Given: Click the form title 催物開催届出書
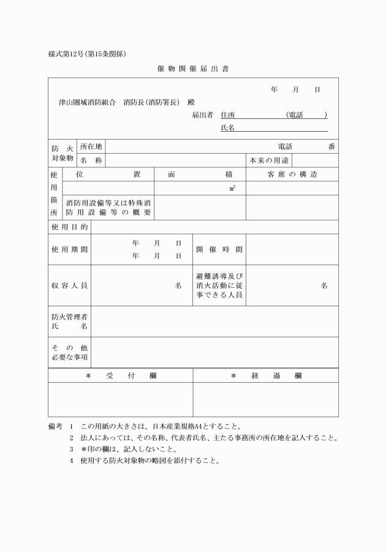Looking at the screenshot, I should tap(192, 69).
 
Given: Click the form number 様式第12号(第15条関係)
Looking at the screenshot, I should tap(87, 54).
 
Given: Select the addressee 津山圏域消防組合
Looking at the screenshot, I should tap(85, 102).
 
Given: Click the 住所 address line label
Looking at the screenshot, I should tap(227, 115).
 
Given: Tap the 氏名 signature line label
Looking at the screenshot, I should tap(227, 127).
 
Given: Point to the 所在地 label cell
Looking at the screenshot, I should tap(91, 146).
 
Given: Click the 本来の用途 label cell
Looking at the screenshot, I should tap(269, 160).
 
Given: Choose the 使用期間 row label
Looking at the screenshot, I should tap(69, 249).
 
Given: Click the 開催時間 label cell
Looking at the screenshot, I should tap(219, 250).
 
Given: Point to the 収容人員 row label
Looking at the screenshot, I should tap(69, 285).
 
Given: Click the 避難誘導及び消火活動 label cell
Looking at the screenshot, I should tap(219, 285).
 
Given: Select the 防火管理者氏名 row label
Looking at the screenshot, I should tap(69, 322).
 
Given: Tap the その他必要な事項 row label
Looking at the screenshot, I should tap(69, 352).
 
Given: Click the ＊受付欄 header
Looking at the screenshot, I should tap(121, 375).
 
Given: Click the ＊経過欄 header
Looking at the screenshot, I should tap(266, 375).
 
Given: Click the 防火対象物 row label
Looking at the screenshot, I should tap(62, 153).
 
